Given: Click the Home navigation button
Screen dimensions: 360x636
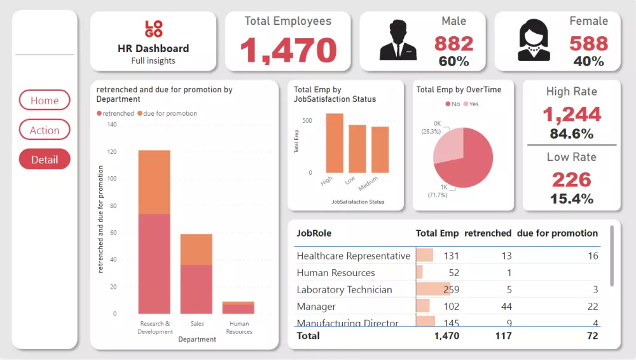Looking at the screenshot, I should click(45, 100).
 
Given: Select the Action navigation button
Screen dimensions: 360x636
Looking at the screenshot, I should click(45, 130).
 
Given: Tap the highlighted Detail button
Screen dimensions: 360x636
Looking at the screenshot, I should click(45, 160).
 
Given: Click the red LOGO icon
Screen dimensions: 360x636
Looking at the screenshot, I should click(154, 29).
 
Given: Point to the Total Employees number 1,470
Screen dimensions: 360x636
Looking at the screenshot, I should click(288, 50).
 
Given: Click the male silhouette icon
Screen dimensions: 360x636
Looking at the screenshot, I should click(398, 41).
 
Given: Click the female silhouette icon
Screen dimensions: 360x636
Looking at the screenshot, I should click(534, 41).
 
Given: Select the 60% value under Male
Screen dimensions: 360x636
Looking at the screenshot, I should click(453, 61).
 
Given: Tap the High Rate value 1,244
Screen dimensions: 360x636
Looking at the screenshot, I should click(571, 114).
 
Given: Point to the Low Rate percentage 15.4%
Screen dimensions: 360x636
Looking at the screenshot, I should click(571, 198).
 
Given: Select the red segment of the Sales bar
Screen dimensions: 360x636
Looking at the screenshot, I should click(197, 289).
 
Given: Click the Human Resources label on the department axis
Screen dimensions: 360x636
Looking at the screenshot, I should click(238, 328).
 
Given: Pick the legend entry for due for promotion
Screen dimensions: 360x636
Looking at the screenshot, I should click(170, 113).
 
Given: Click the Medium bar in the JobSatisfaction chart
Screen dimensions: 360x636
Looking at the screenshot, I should click(380, 149).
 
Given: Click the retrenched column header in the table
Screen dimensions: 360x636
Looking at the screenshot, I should click(488, 233).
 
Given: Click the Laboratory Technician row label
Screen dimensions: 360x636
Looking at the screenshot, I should click(345, 289).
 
